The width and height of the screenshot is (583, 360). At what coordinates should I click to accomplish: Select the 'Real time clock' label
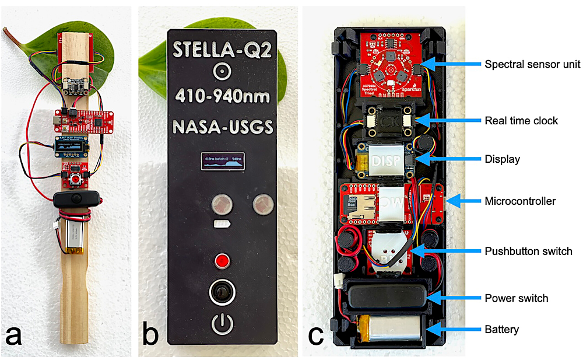coord(521,121)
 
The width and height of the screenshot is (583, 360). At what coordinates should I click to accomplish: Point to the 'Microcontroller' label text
coord(520,201)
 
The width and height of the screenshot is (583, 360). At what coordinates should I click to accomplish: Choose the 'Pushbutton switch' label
coord(528,251)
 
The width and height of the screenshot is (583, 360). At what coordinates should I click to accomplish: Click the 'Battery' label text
coord(501,330)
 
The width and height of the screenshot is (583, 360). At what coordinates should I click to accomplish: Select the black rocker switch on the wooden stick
coord(76,200)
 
